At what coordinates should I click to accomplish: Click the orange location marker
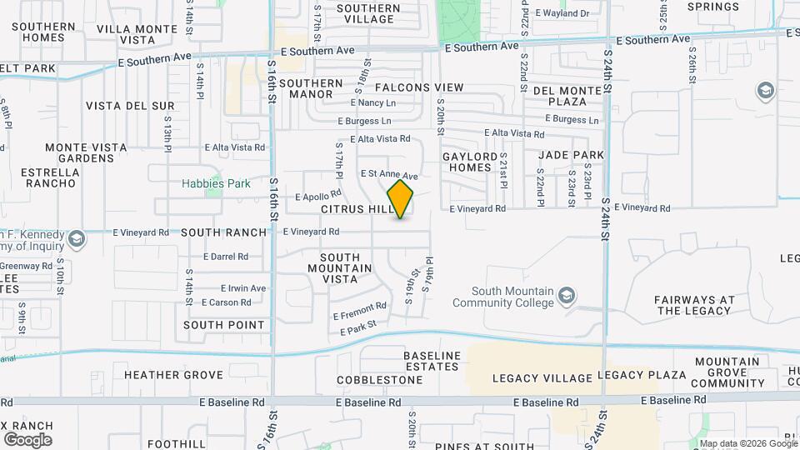click(x=400, y=199)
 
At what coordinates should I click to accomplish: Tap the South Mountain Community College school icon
click(x=567, y=296)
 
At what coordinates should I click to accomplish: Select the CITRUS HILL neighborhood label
click(x=357, y=209)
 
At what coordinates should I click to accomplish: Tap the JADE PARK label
click(x=571, y=155)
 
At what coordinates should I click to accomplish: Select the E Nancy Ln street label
click(x=373, y=102)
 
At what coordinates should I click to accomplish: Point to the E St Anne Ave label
click(x=388, y=174)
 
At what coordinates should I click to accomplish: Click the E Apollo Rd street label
click(x=318, y=197)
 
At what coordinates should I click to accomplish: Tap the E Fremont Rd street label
click(x=360, y=311)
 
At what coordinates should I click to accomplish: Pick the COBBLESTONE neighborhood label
click(x=380, y=380)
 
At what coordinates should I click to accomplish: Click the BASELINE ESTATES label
click(x=432, y=362)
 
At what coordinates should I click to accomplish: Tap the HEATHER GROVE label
click(x=173, y=375)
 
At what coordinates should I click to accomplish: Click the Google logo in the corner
click(x=27, y=439)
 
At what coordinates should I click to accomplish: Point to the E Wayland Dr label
click(x=562, y=13)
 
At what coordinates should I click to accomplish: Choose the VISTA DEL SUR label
click(x=130, y=106)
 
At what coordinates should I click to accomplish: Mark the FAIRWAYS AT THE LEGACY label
click(x=694, y=305)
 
